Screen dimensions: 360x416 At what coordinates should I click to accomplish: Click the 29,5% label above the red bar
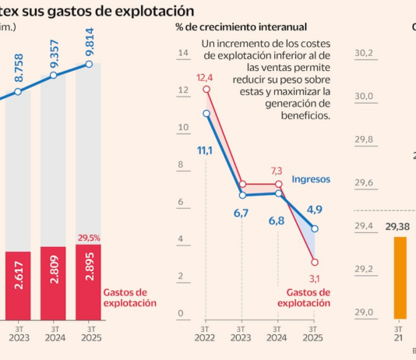point(88,238)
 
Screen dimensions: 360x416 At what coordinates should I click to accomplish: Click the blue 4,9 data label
point(315,210)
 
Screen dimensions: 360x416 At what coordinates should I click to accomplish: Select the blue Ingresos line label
point(311,179)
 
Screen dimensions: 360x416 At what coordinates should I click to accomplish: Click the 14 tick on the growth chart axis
point(184,54)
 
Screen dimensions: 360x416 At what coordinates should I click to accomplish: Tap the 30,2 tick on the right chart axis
point(365,53)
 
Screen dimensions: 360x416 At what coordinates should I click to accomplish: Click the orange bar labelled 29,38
point(400,277)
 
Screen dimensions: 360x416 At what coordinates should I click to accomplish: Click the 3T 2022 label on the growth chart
point(206,334)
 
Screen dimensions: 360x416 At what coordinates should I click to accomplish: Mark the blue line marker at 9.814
point(88,64)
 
